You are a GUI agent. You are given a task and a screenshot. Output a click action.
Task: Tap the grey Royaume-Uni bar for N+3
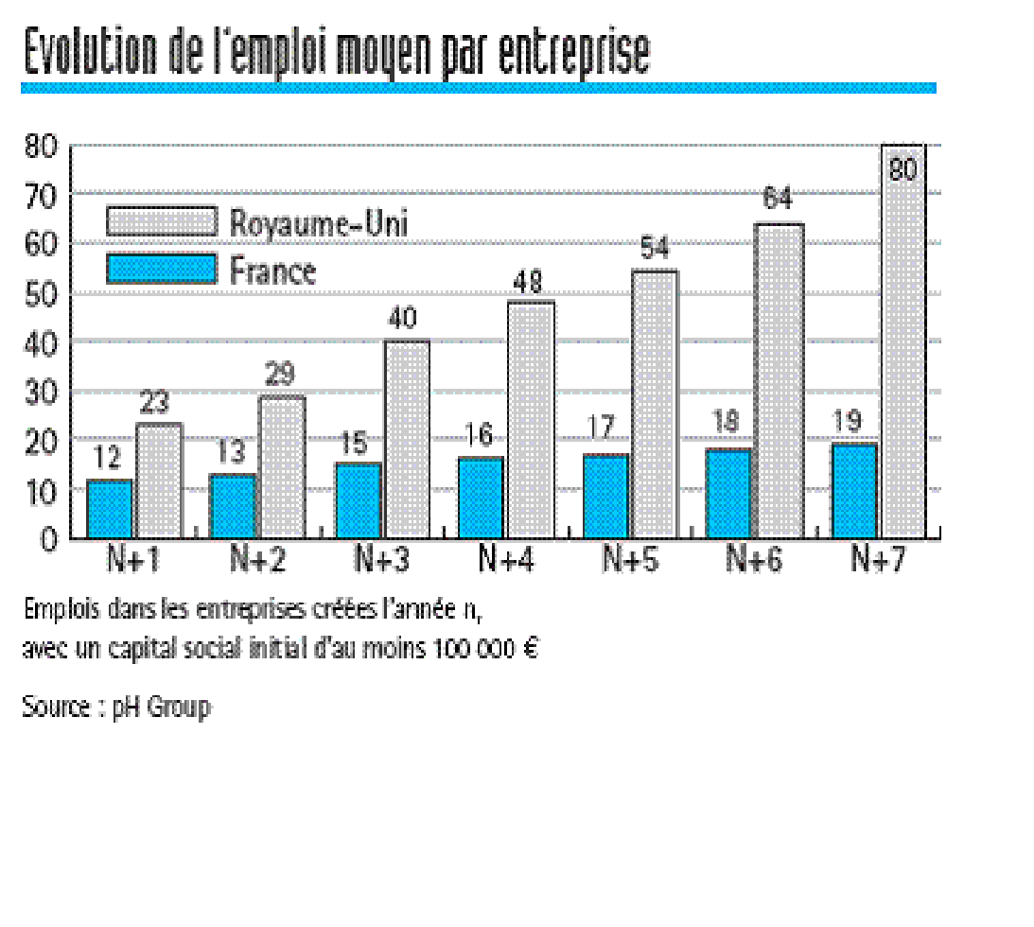pyautogui.click(x=407, y=440)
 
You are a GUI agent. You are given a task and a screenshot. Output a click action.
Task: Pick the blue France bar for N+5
pyautogui.click(x=605, y=497)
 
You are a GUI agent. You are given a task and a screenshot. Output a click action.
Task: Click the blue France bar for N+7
pyautogui.click(x=853, y=491)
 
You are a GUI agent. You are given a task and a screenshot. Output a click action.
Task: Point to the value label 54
pyautogui.click(x=654, y=251)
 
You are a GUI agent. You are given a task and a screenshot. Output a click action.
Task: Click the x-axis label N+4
pyautogui.click(x=506, y=559)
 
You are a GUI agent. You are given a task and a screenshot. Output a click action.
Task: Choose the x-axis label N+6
pyautogui.click(x=754, y=559)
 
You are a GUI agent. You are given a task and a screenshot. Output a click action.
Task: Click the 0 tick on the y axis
pyautogui.click(x=49, y=540)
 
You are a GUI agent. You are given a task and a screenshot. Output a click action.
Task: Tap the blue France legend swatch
pyautogui.click(x=161, y=270)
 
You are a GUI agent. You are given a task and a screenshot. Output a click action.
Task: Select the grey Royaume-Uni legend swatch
pyautogui.click(x=161, y=221)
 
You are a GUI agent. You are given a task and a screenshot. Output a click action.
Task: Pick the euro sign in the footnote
pyautogui.click(x=530, y=650)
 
